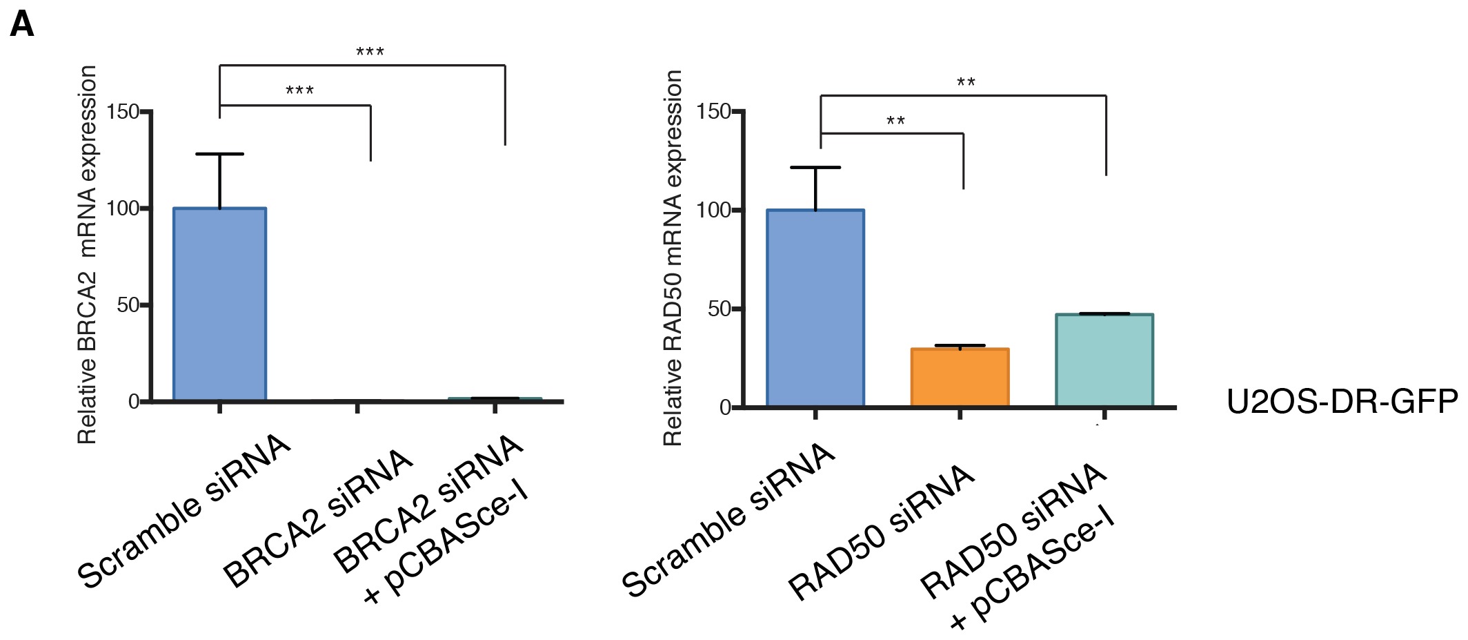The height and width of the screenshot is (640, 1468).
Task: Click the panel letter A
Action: coord(22,26)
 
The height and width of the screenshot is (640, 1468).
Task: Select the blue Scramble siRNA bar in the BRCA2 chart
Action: coord(219,304)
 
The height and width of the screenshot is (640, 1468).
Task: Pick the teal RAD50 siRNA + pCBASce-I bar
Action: coord(1104,360)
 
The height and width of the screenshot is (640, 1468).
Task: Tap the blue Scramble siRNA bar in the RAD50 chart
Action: coord(815,308)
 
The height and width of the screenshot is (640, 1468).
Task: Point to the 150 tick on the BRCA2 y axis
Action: coord(124,112)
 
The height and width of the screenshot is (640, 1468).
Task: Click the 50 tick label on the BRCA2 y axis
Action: coord(128,305)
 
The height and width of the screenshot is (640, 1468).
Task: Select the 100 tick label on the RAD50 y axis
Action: coord(713,210)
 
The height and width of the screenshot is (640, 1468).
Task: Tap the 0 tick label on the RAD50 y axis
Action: coord(724,408)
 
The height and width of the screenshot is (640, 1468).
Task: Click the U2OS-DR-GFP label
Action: coord(1342,402)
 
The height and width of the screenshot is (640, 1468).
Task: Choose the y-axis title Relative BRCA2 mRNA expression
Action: coord(87,254)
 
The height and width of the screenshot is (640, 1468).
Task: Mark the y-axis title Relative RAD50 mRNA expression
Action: coord(673,257)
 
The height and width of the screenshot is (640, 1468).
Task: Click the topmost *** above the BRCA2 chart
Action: coord(370,52)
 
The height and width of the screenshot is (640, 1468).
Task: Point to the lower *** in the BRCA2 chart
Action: coord(299,91)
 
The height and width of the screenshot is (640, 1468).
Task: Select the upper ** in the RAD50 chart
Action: coord(966,83)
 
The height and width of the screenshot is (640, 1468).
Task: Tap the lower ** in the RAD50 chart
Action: coord(895,122)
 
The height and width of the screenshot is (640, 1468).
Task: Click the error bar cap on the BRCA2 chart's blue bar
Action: coord(219,154)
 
